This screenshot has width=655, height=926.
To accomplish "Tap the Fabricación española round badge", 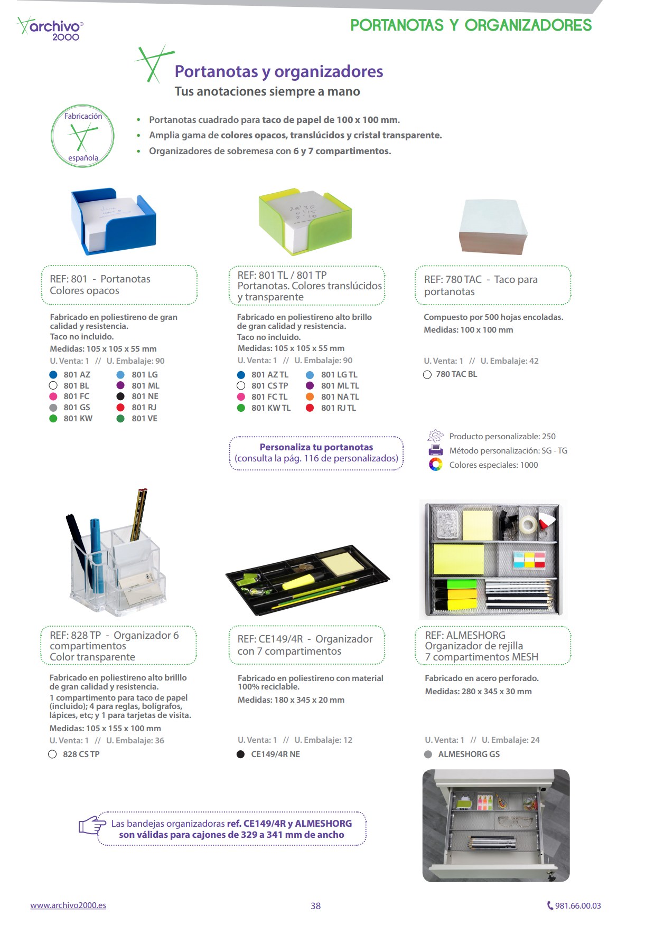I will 82,136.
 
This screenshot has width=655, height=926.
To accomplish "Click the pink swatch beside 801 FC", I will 53,396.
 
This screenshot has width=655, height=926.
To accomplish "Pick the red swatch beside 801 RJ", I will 120,408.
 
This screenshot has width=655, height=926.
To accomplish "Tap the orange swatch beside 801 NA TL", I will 310,397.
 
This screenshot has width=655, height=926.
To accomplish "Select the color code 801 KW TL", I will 271,408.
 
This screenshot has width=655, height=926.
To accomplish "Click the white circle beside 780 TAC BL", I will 427,375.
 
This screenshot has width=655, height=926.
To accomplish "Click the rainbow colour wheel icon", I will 435,465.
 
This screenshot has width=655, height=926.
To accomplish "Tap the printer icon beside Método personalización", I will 435,450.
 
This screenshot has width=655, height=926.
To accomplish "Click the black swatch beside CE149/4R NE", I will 240,754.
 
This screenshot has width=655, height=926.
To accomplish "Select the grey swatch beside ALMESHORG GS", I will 428,754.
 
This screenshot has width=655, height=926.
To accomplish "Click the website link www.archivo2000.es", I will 68,905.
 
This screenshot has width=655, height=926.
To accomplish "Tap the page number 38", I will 315,906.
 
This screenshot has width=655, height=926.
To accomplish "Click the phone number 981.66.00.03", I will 577,906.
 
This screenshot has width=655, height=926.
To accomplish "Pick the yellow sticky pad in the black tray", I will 343,563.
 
